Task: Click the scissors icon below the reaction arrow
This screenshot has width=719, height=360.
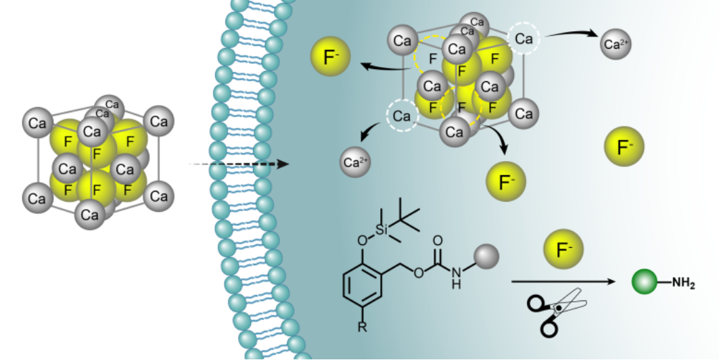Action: [554, 311]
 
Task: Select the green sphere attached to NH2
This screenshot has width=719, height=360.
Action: [643, 282]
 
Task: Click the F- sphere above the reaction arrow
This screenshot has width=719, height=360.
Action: [562, 250]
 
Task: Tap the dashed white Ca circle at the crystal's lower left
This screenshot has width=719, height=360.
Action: [402, 115]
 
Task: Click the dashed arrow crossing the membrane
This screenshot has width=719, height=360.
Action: [237, 164]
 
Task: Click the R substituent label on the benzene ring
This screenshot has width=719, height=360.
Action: [363, 328]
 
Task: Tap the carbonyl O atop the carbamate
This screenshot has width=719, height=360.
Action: [437, 240]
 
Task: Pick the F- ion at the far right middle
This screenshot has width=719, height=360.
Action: [624, 146]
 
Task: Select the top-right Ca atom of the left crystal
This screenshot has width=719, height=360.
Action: [159, 122]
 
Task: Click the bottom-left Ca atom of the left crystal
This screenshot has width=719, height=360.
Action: [37, 198]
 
